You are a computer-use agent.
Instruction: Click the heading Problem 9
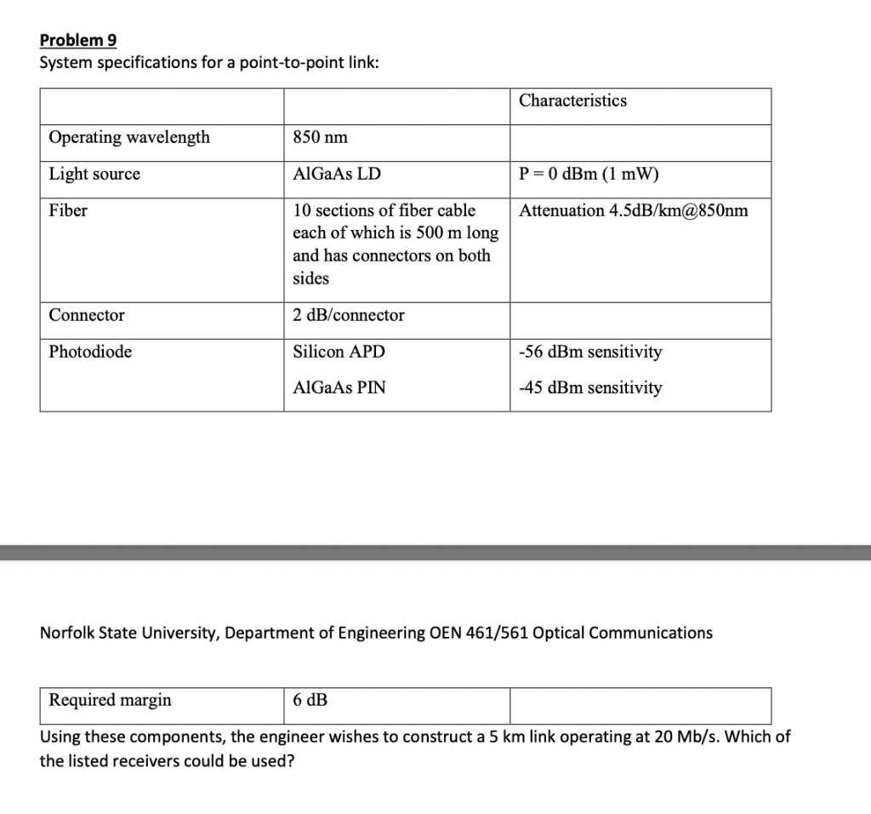click(x=78, y=41)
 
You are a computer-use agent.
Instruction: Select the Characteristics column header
click(x=572, y=100)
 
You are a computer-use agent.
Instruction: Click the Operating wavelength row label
click(x=129, y=138)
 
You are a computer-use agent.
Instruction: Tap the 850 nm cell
click(x=320, y=138)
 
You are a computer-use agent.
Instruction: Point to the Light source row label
click(x=94, y=175)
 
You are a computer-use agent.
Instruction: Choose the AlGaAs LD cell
click(x=337, y=175)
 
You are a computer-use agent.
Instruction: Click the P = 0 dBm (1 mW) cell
click(x=589, y=175)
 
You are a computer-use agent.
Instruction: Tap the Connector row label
click(x=87, y=316)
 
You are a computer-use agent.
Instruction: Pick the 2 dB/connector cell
click(x=349, y=316)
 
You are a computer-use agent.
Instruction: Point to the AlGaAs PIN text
click(x=339, y=388)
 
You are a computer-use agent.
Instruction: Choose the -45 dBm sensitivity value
click(x=589, y=388)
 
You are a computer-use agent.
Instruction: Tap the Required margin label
click(x=110, y=701)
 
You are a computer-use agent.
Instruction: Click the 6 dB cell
click(x=310, y=701)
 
